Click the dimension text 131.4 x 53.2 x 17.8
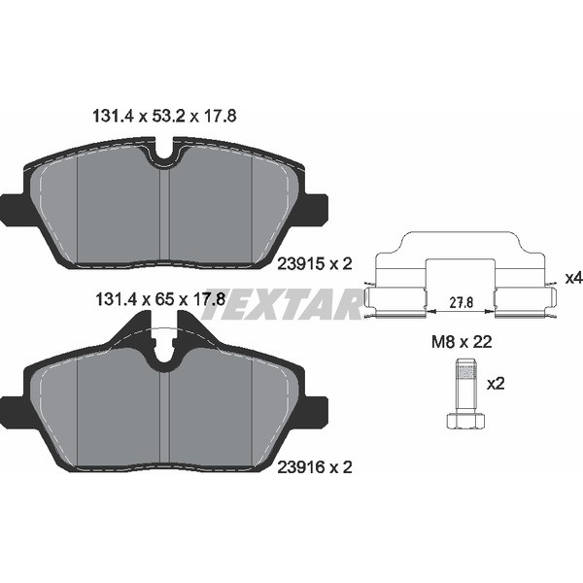[164, 116]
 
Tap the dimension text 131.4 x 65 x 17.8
[160, 299]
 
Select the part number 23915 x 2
[315, 264]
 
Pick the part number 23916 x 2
[315, 467]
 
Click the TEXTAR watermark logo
[283, 303]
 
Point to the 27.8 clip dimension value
[461, 302]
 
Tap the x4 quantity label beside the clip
[573, 278]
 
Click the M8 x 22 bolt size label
[462, 342]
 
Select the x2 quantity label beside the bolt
[496, 384]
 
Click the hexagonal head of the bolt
[465, 420]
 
